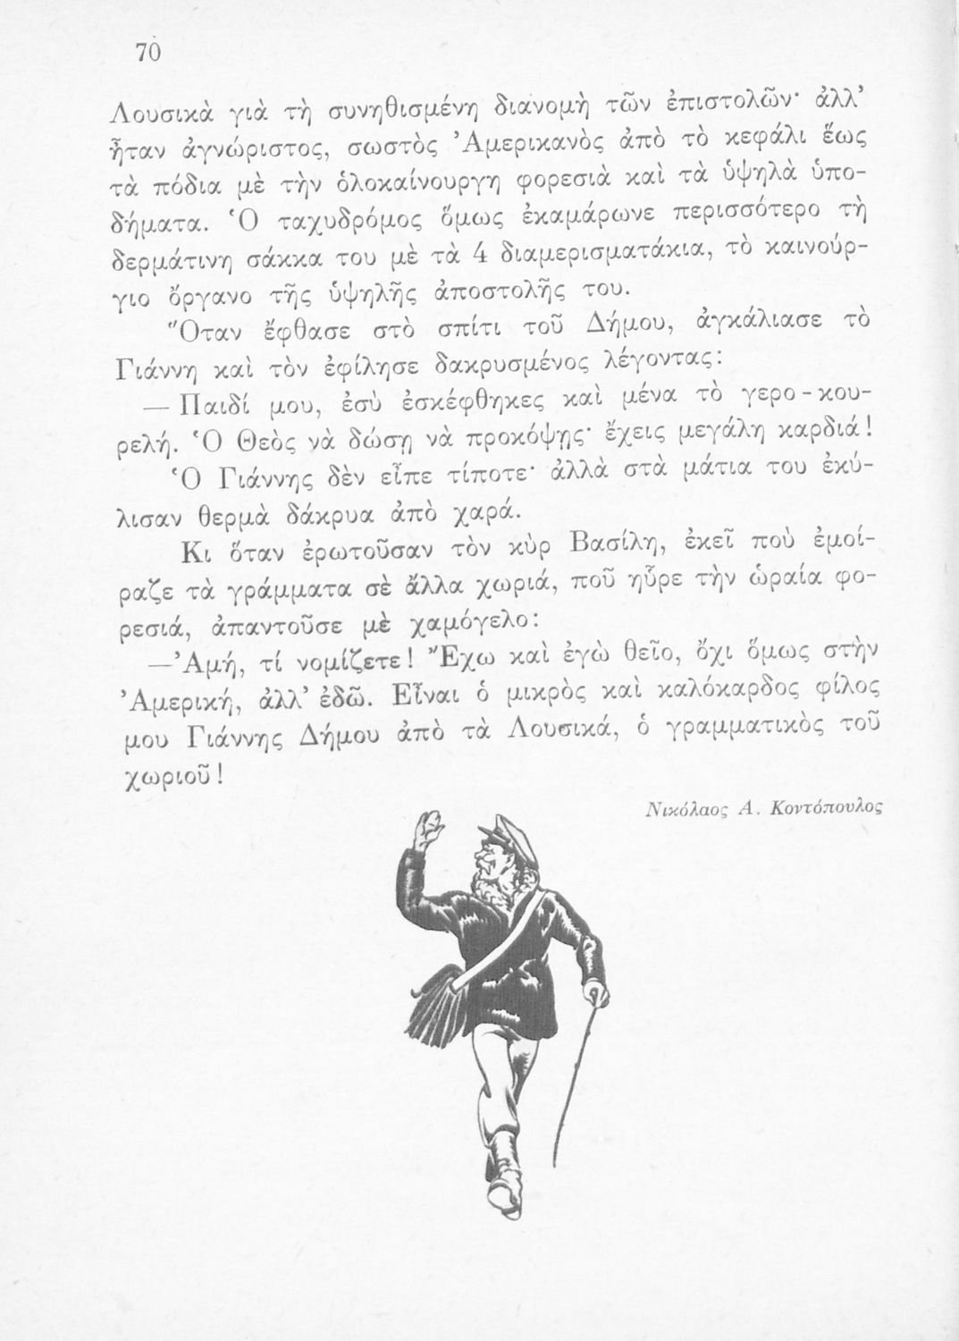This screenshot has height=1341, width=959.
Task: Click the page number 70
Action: pyautogui.click(x=147, y=54)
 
